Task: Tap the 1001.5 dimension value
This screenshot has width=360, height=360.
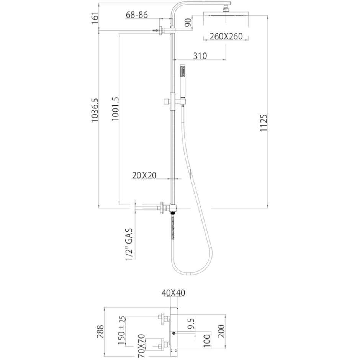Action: [x=115, y=109]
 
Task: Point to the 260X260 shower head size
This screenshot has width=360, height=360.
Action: [x=226, y=36]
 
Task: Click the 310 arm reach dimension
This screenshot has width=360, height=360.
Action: [x=200, y=56]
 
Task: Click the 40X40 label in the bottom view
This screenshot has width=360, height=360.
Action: [x=173, y=293]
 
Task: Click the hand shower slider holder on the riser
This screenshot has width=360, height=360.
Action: [x=174, y=101]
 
